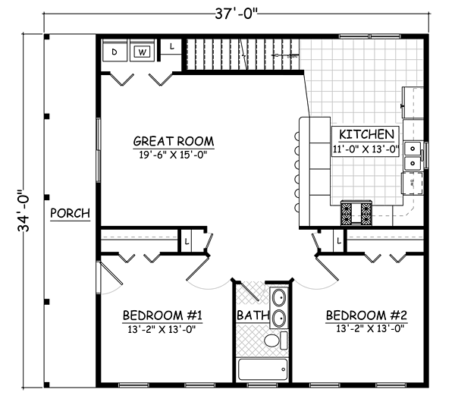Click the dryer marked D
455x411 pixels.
115,50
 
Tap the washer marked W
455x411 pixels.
142,50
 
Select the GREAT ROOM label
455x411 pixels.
174,141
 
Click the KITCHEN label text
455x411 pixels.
366,134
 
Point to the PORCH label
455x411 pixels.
71,213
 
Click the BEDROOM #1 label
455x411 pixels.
162,315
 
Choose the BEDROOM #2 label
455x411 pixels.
366,315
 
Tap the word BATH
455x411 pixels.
253,315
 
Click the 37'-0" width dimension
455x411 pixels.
236,14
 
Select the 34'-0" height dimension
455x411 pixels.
24,211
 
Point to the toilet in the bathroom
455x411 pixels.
276,340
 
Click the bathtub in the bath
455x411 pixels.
263,369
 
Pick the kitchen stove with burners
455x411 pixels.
356,213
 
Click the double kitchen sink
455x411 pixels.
413,156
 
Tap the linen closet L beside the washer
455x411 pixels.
171,47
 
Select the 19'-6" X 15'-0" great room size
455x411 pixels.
173,155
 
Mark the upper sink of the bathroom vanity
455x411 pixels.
279,297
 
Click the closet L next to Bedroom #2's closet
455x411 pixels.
339,240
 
